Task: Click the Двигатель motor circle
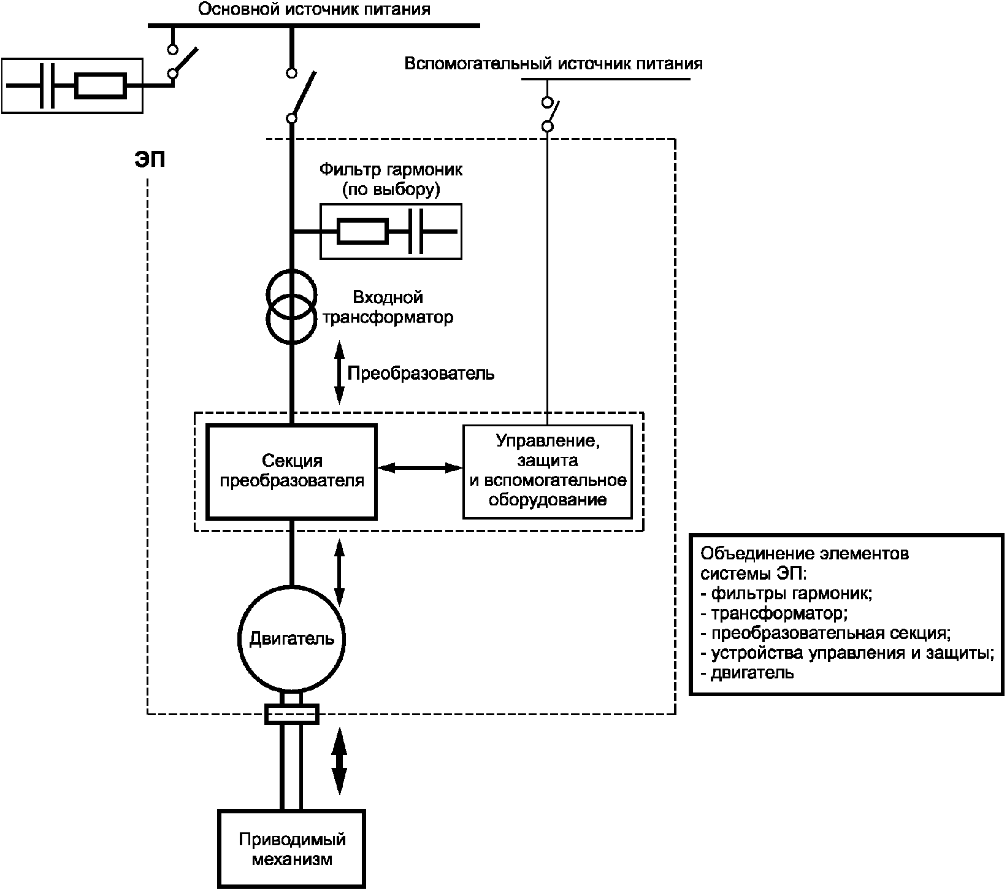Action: coord(291,639)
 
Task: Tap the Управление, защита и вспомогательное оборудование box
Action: coord(547,471)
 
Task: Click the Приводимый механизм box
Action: coord(292,849)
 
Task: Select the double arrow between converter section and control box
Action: coord(419,468)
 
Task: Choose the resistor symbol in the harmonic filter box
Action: coord(362,231)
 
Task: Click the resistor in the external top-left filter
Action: coord(101,86)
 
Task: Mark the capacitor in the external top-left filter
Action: coord(47,86)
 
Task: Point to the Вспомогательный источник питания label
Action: coord(553,64)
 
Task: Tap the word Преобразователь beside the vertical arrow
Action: coord(421,373)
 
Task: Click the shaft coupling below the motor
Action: coord(291,713)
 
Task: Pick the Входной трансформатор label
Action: coord(388,307)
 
